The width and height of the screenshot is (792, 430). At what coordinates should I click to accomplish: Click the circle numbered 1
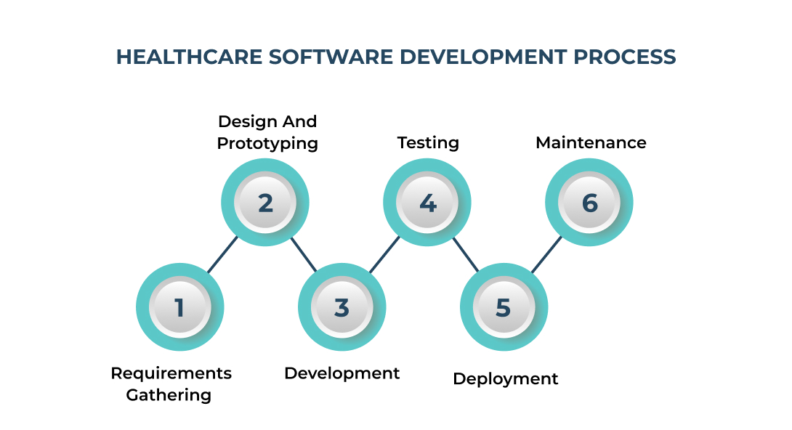coord(179,307)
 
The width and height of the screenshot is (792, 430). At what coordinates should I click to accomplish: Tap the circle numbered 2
coord(265,202)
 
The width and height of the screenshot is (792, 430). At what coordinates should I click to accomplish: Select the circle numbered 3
coord(342,307)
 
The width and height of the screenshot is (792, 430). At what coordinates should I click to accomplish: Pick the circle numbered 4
coord(427,202)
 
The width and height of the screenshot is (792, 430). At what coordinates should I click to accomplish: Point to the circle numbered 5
coord(504,307)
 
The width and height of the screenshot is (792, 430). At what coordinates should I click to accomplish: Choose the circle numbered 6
coord(589,202)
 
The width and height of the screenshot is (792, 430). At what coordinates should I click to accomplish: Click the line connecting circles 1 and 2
coord(222,254)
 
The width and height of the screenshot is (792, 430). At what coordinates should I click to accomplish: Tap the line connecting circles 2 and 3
coord(304,254)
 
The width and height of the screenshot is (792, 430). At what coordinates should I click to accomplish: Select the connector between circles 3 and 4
coord(384,254)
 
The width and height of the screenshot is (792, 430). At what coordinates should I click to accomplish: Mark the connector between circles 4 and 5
coord(466,254)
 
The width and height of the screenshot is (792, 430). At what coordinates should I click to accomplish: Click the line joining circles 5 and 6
coord(546,254)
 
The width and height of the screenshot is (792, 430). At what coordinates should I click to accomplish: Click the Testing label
coord(428,142)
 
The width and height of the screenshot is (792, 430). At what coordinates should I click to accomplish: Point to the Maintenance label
coord(591,142)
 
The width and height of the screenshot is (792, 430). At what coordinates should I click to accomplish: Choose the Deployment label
coord(505,378)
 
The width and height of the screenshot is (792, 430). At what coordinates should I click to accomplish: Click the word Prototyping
coord(267,143)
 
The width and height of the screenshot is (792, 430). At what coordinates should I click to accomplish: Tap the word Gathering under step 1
coord(169,395)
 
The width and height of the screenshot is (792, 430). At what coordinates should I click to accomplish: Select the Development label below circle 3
coord(342,373)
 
